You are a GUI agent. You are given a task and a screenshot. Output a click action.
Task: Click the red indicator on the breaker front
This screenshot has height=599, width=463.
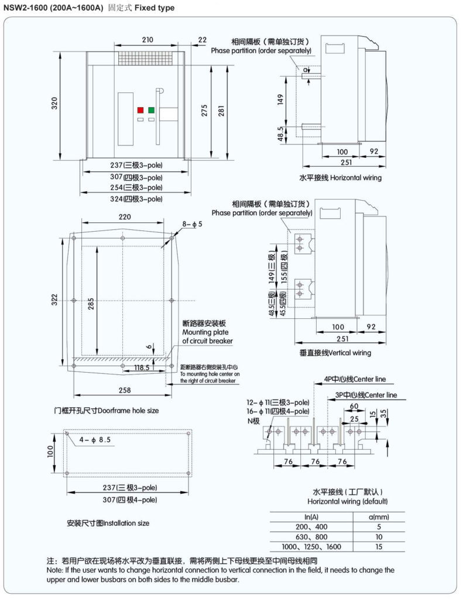pos(140,110)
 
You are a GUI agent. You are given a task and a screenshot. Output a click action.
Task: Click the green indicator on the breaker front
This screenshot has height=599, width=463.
pos(152,110)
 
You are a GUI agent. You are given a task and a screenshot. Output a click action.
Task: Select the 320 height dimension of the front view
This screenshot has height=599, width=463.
pos(54,104)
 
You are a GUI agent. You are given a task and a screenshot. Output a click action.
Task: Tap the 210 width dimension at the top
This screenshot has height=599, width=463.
pos(147,40)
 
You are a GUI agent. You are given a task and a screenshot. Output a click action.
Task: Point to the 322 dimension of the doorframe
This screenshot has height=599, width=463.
pos(54,301)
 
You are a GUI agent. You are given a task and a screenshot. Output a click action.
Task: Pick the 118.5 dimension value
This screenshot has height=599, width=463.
pos(142,368)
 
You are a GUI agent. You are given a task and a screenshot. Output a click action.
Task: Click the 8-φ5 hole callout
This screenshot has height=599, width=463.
pos(192,224)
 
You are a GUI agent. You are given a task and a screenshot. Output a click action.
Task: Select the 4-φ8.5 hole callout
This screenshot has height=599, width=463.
pos(95,439)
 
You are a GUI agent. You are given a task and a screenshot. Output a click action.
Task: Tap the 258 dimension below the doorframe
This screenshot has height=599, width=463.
pos(124,390)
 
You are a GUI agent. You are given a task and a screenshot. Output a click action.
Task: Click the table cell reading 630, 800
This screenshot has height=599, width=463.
pos(311,536)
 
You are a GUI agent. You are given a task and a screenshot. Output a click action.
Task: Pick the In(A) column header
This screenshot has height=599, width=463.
pos(311,516)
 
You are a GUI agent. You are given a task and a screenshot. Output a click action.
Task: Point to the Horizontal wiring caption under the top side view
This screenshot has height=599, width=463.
pos(340,177)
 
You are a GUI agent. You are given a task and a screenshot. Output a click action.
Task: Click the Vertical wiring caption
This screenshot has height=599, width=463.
pos(335,353)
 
